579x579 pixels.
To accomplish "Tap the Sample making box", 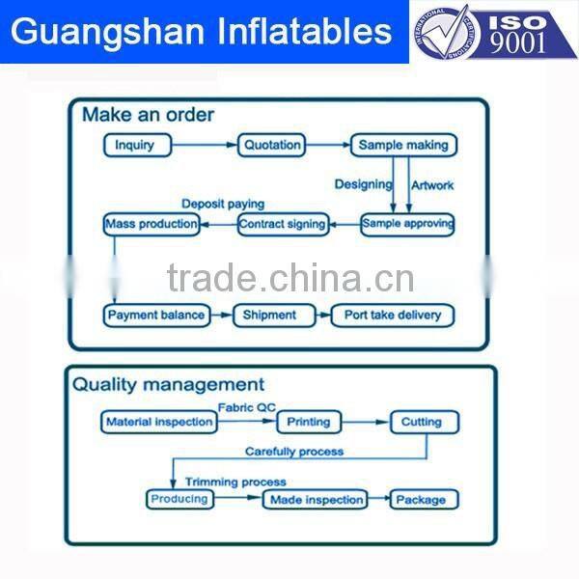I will point(403,146).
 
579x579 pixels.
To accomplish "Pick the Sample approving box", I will point(407,224).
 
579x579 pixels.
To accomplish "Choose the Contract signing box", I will point(283,224).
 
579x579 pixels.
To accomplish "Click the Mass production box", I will point(152,224).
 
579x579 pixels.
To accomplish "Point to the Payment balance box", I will point(156,315).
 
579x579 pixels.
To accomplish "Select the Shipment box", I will point(269,315).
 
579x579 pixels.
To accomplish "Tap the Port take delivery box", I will point(392,315).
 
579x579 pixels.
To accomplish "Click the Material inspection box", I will point(159,422).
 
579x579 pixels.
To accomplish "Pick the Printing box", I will point(309,422).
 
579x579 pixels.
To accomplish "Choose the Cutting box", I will point(422,422).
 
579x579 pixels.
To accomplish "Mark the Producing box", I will point(179,499).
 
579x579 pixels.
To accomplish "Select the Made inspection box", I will point(317,499).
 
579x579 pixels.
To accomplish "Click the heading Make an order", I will point(148,115).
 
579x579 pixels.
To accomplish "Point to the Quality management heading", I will point(168,385).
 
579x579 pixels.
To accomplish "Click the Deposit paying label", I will point(223,204).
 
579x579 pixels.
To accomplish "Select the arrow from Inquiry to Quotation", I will point(207,146).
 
